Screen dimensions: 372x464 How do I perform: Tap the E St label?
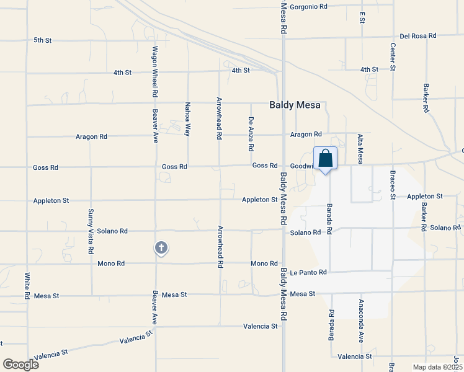[x=362, y=17]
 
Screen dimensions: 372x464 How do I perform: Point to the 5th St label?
[x=42, y=40]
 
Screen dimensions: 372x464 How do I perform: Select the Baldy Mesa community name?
[x=295, y=105]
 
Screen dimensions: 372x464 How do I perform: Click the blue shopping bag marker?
[x=325, y=159]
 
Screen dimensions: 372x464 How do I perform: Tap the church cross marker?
[x=161, y=248]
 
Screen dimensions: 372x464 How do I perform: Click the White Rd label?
[x=27, y=286]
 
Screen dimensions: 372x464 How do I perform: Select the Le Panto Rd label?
[x=308, y=272]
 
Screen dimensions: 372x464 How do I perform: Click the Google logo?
[x=20, y=365]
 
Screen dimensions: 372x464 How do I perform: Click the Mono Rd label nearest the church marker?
[x=111, y=263]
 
